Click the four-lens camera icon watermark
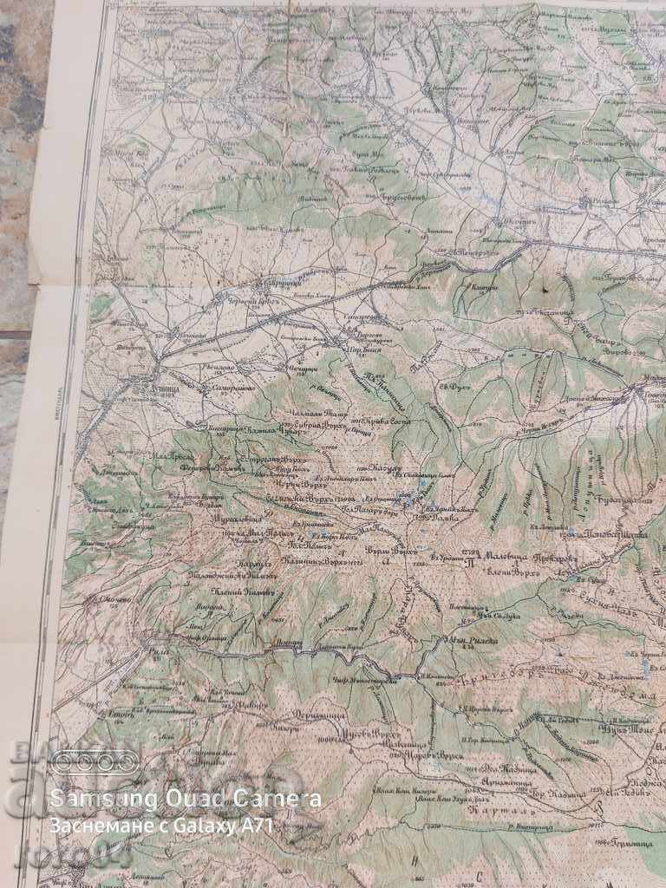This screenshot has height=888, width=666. pos(93,763)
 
